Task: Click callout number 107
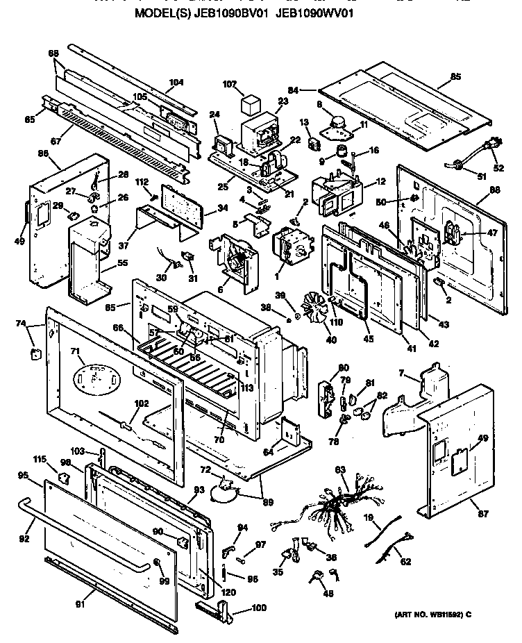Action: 230,85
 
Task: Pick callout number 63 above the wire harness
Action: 339,471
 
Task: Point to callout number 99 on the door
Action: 164,581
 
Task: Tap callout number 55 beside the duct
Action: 121,264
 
